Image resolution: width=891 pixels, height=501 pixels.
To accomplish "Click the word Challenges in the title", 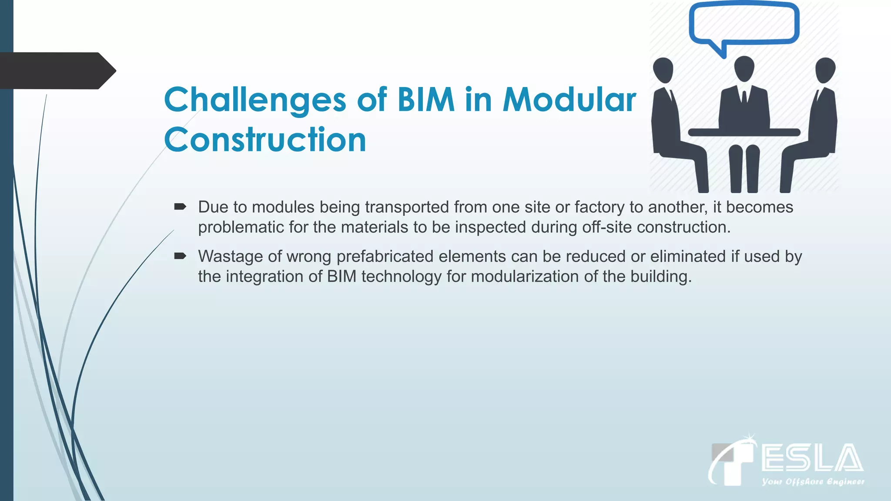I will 255,100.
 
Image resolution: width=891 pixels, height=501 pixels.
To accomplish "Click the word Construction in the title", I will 265,140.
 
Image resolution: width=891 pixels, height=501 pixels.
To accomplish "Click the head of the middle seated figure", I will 744,69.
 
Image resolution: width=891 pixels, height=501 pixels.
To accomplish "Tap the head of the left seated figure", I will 663,70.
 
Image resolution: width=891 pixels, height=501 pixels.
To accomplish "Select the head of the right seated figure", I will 825,70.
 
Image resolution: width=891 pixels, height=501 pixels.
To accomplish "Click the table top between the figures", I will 744,132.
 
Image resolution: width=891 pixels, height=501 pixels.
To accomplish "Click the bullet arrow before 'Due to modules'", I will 180,207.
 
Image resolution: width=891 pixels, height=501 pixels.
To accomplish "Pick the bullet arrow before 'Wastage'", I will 180,256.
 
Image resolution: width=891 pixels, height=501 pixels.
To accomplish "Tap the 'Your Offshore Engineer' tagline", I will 813,481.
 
